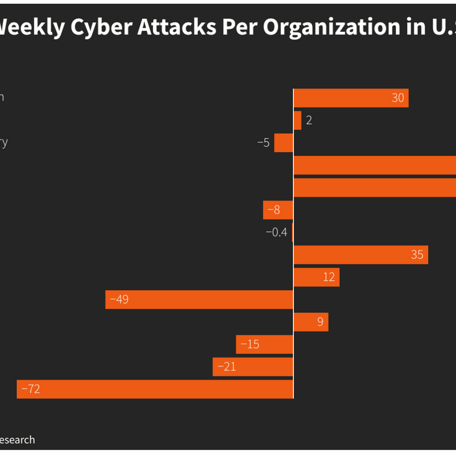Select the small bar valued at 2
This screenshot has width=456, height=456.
(x=298, y=121)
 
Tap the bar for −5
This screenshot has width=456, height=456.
(x=283, y=143)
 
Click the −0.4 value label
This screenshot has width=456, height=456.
(x=276, y=232)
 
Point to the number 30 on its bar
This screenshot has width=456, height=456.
(x=398, y=98)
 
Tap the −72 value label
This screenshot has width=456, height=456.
(x=31, y=389)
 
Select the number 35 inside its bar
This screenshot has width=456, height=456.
(x=418, y=255)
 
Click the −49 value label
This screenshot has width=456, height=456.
(x=119, y=300)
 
